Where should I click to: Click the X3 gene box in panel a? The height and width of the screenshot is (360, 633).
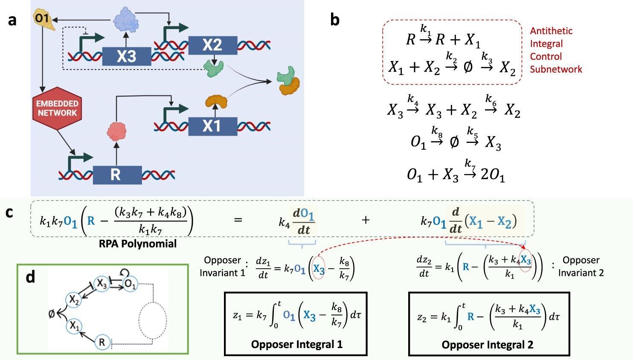(126, 56)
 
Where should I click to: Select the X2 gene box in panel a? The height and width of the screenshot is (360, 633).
(212, 45)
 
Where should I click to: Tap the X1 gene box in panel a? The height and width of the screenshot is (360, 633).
(212, 126)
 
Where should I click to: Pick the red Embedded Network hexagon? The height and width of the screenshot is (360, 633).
(57, 108)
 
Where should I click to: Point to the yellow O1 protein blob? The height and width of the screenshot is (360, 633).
(44, 20)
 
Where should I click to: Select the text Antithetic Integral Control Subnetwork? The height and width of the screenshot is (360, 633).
(555, 50)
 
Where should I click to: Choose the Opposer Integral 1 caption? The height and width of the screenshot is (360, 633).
(296, 344)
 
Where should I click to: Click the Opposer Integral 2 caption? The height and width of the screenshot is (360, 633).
(487, 345)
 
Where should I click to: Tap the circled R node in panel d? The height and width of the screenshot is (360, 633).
(102, 342)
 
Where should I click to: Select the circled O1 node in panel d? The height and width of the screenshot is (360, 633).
(131, 285)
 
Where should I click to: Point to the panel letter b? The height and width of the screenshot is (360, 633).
(335, 20)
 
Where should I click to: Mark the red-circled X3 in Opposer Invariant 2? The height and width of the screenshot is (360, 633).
(526, 260)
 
